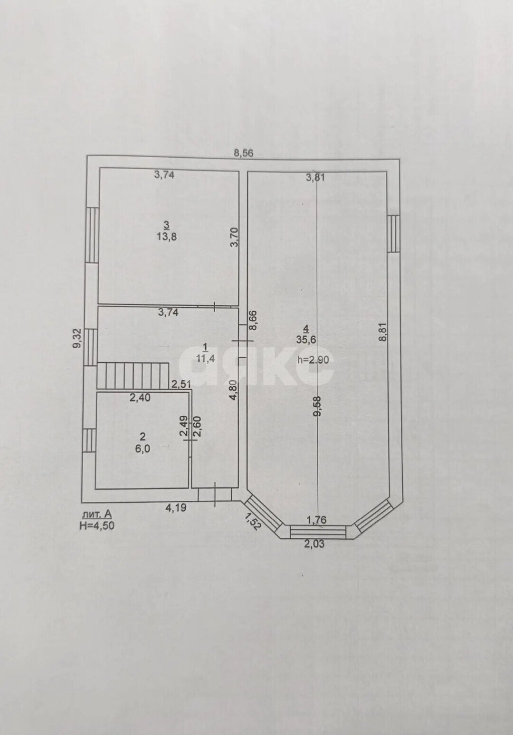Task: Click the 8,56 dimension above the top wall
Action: click(x=243, y=153)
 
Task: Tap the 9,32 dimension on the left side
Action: click(x=78, y=339)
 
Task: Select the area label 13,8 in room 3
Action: click(x=167, y=237)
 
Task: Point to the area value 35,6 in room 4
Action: click(x=306, y=340)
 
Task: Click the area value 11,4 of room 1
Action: click(x=206, y=359)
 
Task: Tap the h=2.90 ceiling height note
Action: click(x=313, y=360)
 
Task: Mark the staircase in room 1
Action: click(x=133, y=376)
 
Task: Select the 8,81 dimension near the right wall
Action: click(x=383, y=333)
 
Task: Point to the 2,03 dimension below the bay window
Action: click(x=314, y=544)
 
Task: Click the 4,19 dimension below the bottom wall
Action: click(x=176, y=508)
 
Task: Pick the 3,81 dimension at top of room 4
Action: click(x=315, y=178)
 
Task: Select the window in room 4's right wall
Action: click(x=394, y=234)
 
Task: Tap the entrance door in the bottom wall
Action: click(x=215, y=495)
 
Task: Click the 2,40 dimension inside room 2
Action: click(x=140, y=398)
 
